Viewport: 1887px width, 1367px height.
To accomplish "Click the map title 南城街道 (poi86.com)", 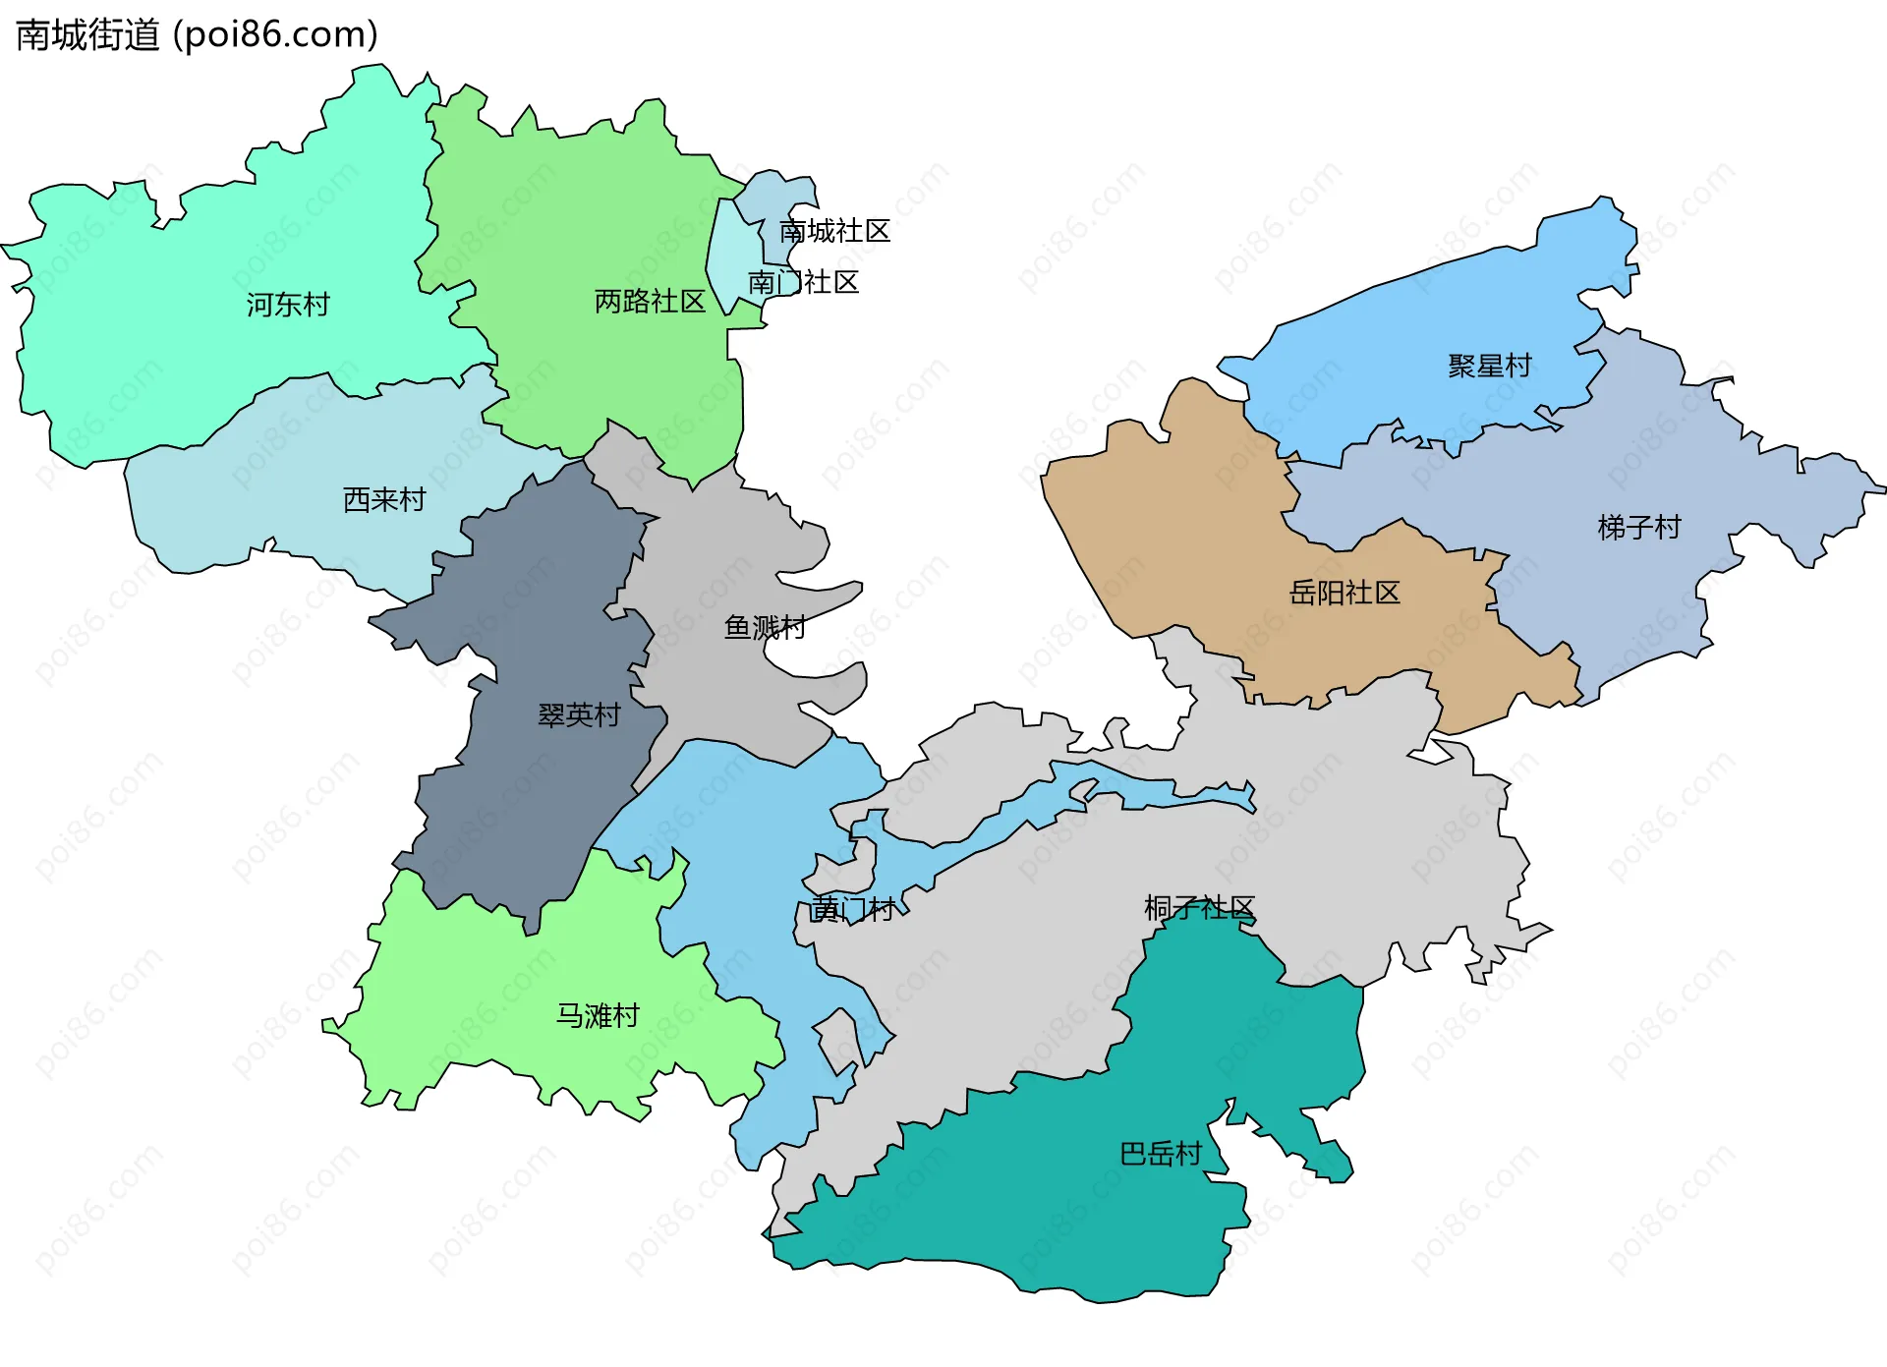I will click(197, 35).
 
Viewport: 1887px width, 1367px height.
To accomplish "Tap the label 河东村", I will click(287, 305).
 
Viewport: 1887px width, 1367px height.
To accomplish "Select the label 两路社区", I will click(650, 301).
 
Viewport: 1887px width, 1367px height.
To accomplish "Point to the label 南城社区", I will click(834, 231).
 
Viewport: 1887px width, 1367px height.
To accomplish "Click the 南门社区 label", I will click(803, 283).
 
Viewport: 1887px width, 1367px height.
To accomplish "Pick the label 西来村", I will click(383, 499).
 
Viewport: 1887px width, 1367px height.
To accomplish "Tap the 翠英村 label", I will click(579, 714).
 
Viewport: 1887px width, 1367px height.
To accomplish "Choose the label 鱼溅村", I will click(765, 627).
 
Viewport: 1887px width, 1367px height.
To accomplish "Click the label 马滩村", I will click(598, 1015).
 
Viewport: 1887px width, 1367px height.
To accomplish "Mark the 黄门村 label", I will click(851, 909).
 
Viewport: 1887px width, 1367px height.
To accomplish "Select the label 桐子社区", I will click(1199, 907).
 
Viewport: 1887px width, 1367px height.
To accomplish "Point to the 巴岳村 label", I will click(1161, 1153).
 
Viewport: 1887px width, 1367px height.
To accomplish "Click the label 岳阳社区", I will click(1344, 593).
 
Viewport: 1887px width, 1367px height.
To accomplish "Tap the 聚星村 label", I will click(1489, 366).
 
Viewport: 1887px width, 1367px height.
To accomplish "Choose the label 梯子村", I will click(1639, 528).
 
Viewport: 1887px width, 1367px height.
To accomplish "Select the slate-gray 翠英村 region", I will click(531, 786).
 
